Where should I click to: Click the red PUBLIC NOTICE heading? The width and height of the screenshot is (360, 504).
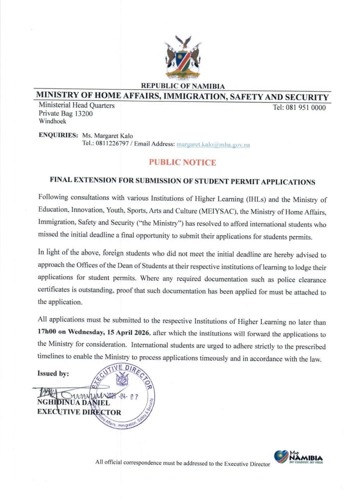182,162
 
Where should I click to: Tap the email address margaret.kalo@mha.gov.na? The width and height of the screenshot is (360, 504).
213,144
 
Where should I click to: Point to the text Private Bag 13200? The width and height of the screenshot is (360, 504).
65,113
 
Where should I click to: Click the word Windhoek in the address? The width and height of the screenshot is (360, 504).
52,121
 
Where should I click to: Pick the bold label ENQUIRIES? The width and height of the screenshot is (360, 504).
58,135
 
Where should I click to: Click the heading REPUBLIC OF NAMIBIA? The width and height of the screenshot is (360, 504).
183,86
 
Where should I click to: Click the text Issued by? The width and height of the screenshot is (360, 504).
53,373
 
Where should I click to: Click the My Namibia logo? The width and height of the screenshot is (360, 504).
298,457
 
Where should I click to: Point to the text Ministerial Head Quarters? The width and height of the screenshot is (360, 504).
76,105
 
